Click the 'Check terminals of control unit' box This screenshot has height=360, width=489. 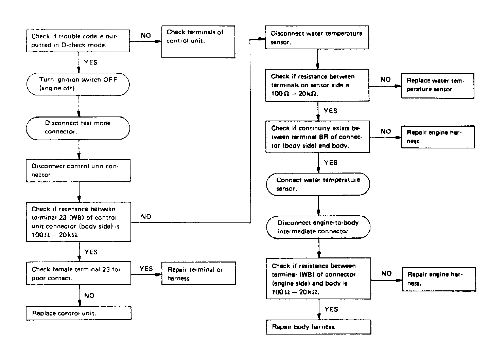(198, 42)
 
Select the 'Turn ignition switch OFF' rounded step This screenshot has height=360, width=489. (78, 84)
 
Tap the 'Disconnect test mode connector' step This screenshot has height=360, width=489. (78, 128)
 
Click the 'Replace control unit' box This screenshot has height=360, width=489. (79, 313)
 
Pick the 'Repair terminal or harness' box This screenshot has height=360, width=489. (198, 273)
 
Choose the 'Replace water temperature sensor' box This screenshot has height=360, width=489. (437, 86)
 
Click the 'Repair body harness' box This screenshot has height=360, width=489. (318, 327)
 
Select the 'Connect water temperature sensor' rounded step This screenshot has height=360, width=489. (318, 184)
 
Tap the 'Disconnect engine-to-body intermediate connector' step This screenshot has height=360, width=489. (318, 227)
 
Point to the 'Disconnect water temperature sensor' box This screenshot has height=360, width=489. (317, 37)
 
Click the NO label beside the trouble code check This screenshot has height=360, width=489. (146, 35)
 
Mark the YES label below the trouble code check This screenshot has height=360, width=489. (91, 62)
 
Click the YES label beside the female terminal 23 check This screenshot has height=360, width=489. (146, 269)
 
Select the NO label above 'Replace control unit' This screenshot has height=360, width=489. (89, 295)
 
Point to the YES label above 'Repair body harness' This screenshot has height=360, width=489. (331, 309)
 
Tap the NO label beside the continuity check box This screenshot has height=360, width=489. (386, 131)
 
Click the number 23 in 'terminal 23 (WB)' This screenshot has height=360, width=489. (63, 217)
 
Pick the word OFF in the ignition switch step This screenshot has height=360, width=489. (110, 79)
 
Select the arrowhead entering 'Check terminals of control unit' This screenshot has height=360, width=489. (158, 41)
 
